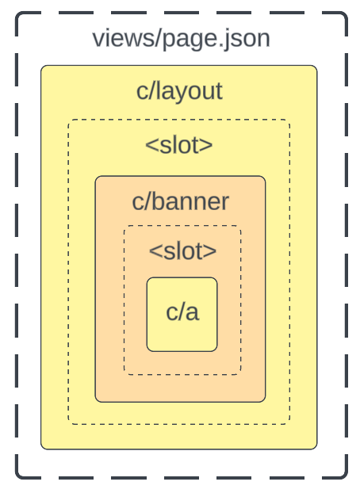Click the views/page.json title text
181,37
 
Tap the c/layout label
179,91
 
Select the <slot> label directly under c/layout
179,145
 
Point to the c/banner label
180,201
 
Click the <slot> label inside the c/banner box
182,250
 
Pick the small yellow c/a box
182,314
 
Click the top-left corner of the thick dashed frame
17,14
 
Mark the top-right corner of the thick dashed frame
346,14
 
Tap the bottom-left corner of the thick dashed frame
17,477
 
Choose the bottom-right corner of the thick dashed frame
346,477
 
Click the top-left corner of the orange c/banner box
97,178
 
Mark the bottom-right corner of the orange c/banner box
264,400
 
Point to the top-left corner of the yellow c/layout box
43,67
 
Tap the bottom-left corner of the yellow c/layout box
43,448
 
